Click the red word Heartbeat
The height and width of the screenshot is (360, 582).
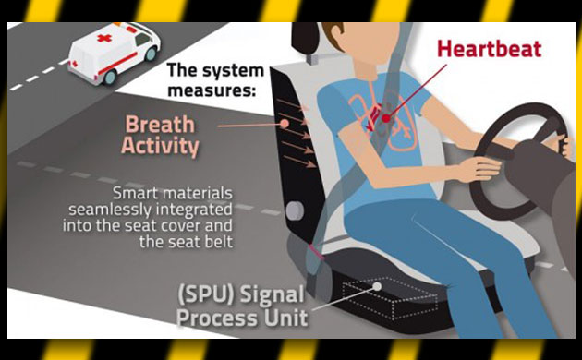[x=490, y=49]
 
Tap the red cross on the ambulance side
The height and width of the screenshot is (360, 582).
[x=104, y=38]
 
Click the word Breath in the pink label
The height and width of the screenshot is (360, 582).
[x=160, y=125]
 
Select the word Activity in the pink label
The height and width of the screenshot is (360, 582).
[x=160, y=146]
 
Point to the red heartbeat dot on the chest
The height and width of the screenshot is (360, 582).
[x=386, y=118]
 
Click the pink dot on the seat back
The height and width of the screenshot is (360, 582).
[x=285, y=124]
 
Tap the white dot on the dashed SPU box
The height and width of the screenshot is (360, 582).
[x=377, y=286]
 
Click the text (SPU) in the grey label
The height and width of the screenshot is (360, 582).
[x=206, y=294]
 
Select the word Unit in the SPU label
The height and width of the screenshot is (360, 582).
[x=286, y=318]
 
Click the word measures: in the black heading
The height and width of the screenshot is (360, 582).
[x=212, y=90]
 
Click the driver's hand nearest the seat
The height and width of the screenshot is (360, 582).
[x=479, y=169]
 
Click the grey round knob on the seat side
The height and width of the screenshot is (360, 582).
[x=295, y=210]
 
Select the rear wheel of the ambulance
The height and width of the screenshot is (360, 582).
[x=110, y=77]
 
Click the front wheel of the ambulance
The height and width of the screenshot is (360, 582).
[x=152, y=54]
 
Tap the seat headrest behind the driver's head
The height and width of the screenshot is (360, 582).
[x=305, y=38]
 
